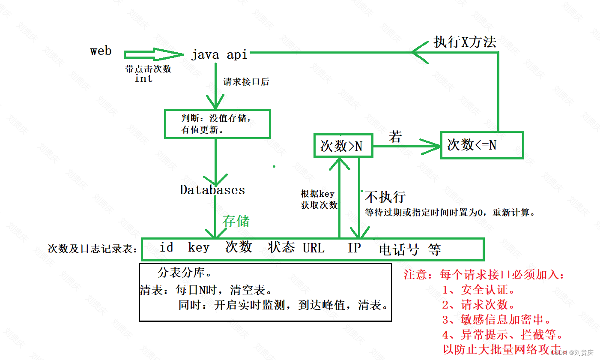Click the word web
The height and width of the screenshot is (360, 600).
click(101, 51)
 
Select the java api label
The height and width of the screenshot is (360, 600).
click(219, 55)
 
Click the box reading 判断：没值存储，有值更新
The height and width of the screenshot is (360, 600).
click(217, 123)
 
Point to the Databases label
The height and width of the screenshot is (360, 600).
click(212, 190)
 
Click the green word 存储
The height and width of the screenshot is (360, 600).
click(236, 221)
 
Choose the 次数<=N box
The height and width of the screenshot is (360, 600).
click(482, 145)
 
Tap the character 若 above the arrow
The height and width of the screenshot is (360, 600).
click(395, 137)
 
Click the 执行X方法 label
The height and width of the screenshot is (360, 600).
click(465, 42)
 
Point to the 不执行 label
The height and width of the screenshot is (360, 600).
click(385, 197)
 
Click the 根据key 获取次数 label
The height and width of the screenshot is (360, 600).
click(319, 199)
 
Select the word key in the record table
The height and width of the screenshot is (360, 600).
click(199, 247)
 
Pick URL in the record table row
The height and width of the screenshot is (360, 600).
click(313, 248)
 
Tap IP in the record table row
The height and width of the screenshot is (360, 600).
click(354, 248)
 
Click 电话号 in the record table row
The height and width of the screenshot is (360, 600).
click(399, 249)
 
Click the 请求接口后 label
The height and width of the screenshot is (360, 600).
click(246, 82)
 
